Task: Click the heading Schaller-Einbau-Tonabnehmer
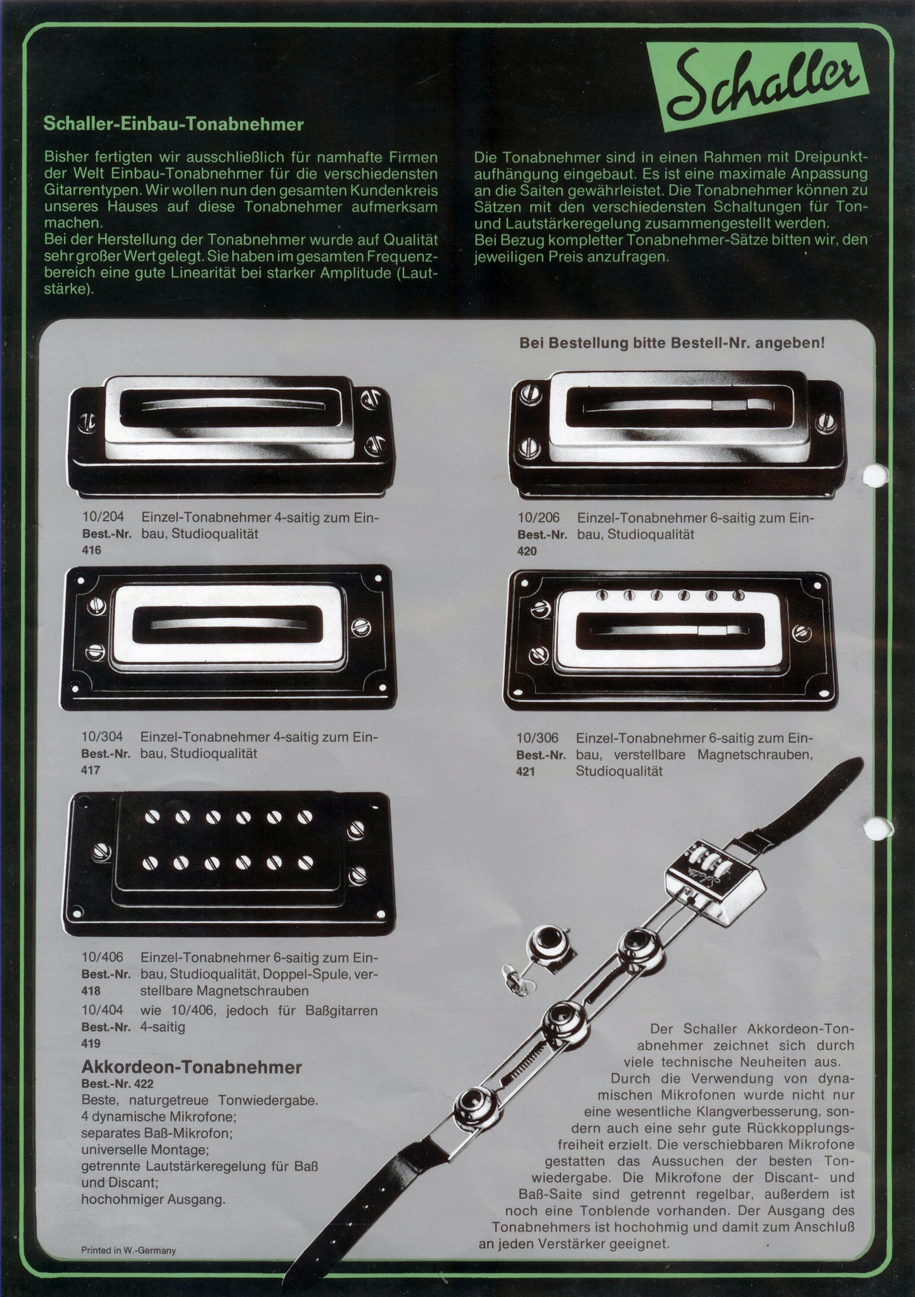point(174,125)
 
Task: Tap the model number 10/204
point(103,517)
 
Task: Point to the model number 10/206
point(539,517)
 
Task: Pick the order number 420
point(527,551)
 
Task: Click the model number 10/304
point(102,737)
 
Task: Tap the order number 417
point(91,770)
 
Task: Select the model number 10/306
point(538,738)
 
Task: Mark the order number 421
point(526,771)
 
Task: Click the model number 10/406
point(102,957)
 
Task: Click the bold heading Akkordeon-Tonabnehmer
point(192,1067)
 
